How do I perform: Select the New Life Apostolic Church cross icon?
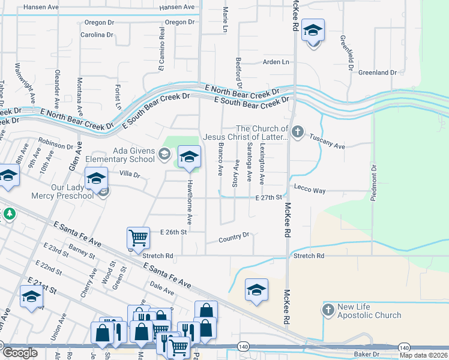point(327,310)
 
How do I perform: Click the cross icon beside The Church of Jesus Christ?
point(298,131)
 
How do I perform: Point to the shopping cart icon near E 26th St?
point(138,238)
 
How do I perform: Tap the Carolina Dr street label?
point(97,35)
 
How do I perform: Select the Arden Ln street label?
point(276,62)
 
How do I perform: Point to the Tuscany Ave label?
point(327,146)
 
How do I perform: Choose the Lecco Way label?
point(310,190)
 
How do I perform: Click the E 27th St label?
point(268,197)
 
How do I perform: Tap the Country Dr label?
point(234,238)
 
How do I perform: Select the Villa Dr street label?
point(130,175)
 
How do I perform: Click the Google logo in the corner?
point(20,353)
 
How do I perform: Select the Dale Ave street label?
point(162,289)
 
